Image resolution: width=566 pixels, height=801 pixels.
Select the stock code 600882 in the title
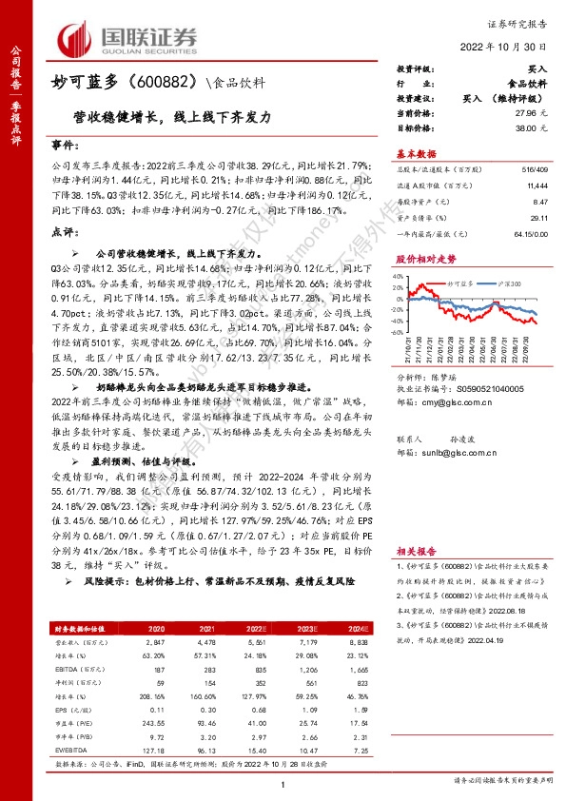click(166, 84)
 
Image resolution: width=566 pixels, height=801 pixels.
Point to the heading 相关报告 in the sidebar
click(416, 551)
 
